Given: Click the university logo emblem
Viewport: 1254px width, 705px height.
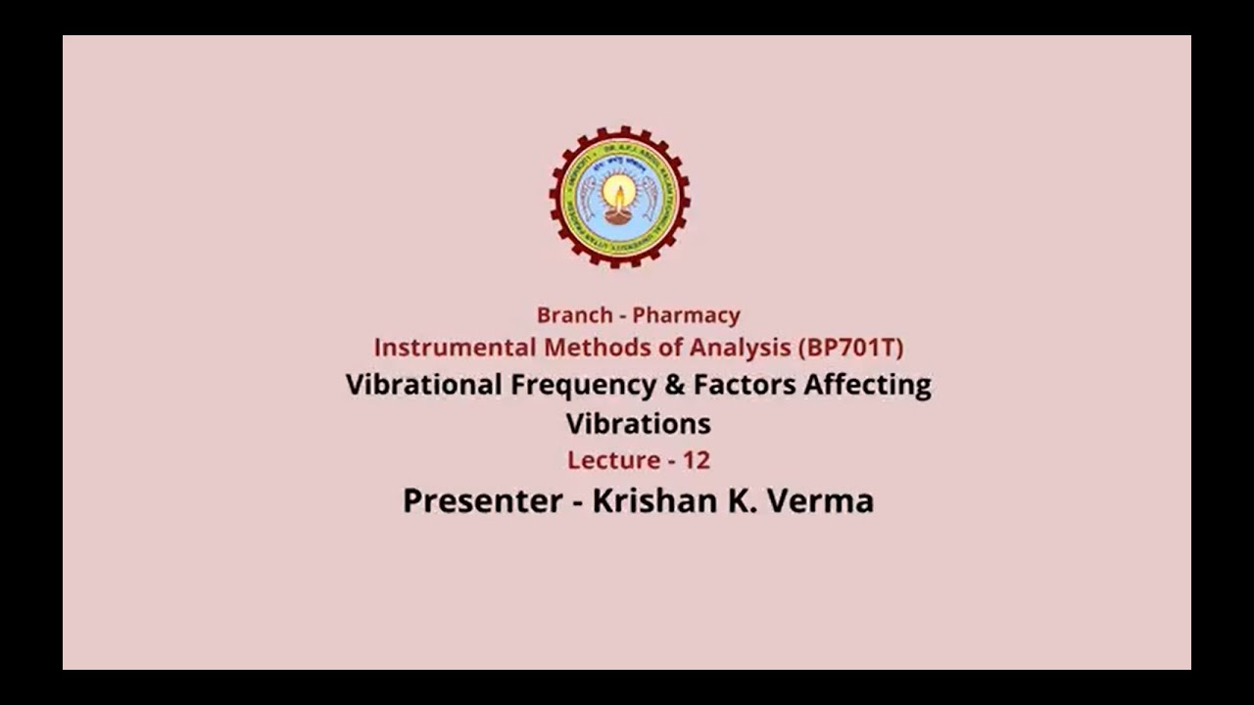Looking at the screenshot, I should (x=619, y=197).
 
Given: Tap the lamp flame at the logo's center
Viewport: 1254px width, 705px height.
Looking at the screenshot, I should (x=618, y=192).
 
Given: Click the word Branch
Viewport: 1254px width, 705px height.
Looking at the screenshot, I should (x=575, y=315).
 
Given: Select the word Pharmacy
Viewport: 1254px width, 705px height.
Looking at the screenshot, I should (x=686, y=315).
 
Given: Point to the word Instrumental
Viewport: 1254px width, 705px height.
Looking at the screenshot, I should (x=456, y=348).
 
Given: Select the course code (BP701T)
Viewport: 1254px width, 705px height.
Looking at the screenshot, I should (x=850, y=348).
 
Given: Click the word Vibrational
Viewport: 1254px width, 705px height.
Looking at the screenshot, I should (x=423, y=385).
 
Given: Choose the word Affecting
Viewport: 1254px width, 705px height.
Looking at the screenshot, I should (x=867, y=385).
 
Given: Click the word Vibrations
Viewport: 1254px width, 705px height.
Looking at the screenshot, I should (x=638, y=424).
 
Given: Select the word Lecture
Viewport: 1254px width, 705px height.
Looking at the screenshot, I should (x=613, y=460).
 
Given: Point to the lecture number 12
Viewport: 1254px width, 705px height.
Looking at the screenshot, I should (x=697, y=460).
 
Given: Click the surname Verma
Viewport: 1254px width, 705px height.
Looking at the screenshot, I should (x=821, y=500).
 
